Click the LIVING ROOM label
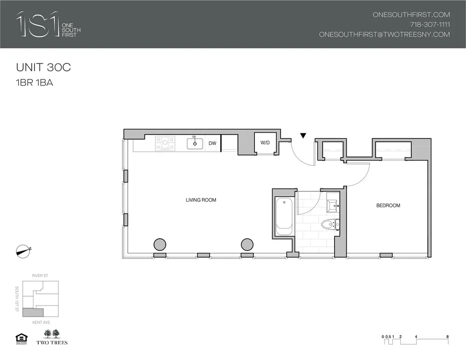pos(201,200)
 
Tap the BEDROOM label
pos(388,205)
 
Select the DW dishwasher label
pos(212,143)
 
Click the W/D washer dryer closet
pos(265,143)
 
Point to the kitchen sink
pos(195,143)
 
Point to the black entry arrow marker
pos(303,136)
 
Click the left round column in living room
pos(160,244)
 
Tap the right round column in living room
pos(247,244)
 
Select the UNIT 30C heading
pos(43,67)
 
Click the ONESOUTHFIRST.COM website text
pos(411,14)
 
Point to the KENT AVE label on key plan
pos(41,322)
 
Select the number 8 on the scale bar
pos(447,336)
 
